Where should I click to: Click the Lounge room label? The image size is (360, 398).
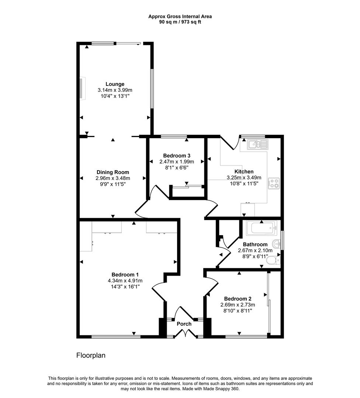click(x=115, y=84)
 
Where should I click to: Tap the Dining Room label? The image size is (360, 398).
click(x=112, y=172)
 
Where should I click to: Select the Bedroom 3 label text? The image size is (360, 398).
click(x=176, y=156)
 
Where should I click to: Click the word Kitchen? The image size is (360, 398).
click(x=244, y=172)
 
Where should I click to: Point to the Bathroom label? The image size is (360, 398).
click(x=255, y=244)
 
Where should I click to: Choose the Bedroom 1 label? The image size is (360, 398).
click(x=125, y=275)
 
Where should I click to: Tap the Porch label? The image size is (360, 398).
click(x=184, y=324)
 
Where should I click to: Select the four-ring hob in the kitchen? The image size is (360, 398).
click(x=274, y=183)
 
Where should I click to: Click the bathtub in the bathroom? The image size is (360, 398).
click(x=261, y=228)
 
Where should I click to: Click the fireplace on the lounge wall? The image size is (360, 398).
click(x=82, y=88)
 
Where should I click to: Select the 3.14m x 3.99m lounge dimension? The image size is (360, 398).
click(x=115, y=90)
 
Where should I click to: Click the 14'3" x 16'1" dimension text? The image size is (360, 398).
click(x=125, y=286)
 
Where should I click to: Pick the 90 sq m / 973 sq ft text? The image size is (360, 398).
click(x=180, y=22)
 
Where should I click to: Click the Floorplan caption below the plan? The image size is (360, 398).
click(x=91, y=356)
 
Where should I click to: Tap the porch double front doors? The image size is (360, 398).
click(x=184, y=334)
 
